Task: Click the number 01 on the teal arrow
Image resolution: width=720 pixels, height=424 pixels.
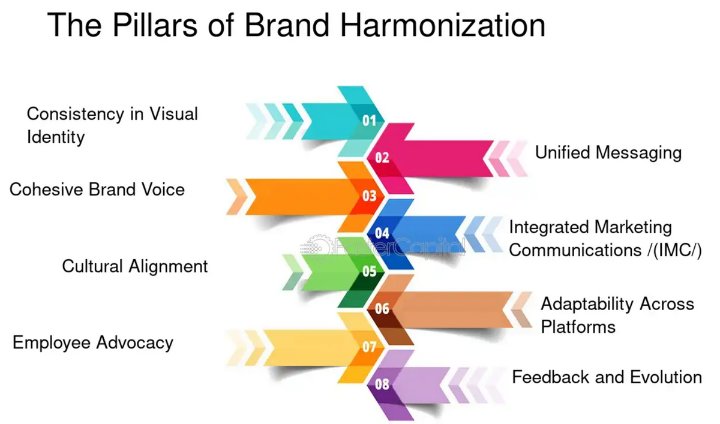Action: [x=369, y=121]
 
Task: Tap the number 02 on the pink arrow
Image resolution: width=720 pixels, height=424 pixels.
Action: [x=382, y=158]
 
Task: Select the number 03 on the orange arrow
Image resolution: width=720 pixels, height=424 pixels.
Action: [x=370, y=196]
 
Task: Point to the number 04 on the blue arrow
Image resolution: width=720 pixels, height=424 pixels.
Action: [x=382, y=233]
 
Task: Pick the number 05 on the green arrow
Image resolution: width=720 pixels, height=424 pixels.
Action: [x=370, y=272]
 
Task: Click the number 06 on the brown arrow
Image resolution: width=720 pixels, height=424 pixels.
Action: [x=382, y=309]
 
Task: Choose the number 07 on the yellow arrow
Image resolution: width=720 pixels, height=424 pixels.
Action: [x=370, y=347]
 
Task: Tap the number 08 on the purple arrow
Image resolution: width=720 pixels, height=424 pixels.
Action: [x=382, y=384]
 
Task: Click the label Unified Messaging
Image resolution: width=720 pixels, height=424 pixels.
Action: [x=608, y=153]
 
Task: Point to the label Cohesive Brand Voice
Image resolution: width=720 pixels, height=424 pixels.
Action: [x=97, y=189]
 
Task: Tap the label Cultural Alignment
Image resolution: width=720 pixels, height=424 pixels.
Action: [x=135, y=267]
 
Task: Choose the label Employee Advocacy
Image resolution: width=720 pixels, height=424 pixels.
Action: [x=93, y=342]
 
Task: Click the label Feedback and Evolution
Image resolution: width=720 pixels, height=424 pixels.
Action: [x=607, y=377]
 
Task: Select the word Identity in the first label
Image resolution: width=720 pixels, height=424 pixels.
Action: [x=56, y=137]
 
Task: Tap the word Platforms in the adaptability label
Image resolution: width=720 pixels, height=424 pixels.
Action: [x=578, y=327]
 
